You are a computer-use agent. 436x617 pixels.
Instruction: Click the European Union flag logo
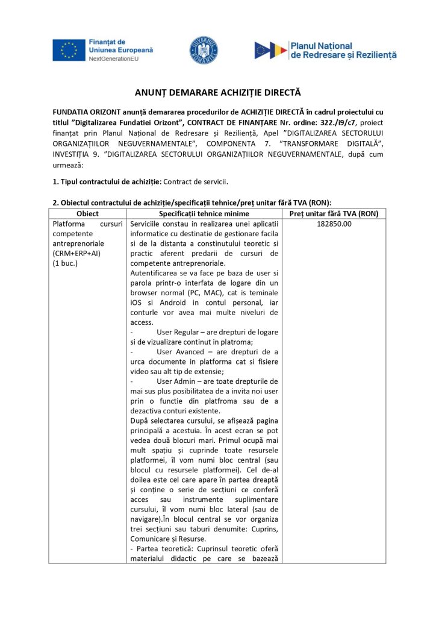click(x=68, y=50)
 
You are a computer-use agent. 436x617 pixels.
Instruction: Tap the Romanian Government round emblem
click(x=204, y=50)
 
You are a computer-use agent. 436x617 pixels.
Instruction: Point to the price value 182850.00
click(x=333, y=224)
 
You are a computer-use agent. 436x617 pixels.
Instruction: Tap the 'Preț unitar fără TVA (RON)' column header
click(x=333, y=213)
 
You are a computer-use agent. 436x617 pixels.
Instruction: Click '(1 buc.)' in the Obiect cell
click(x=66, y=263)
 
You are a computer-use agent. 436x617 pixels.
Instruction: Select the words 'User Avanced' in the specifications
click(x=179, y=351)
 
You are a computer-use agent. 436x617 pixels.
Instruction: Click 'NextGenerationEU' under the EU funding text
click(x=114, y=59)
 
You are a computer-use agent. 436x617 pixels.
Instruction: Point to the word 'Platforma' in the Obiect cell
click(x=69, y=224)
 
